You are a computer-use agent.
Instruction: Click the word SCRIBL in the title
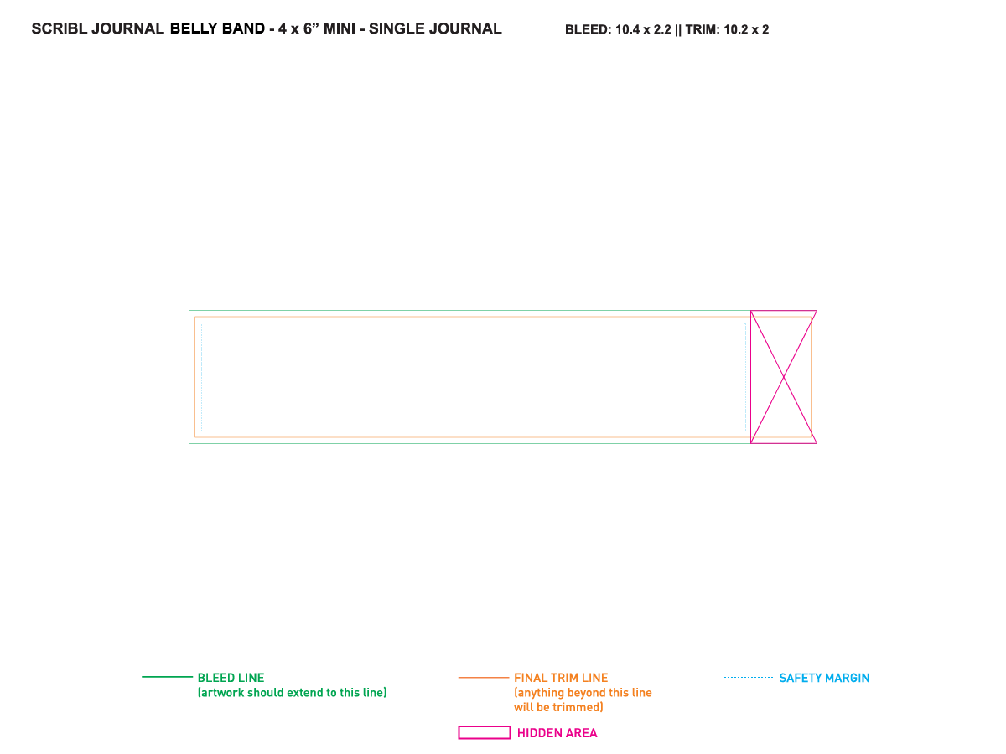tap(60, 28)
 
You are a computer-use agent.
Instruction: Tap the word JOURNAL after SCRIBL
tap(127, 28)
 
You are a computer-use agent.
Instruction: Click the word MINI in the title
tap(340, 28)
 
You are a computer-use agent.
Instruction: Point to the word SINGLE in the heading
tap(397, 28)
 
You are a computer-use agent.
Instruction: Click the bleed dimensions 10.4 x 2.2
tap(643, 30)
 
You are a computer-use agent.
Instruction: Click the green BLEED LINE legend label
tap(231, 678)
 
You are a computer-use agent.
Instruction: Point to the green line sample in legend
tap(168, 677)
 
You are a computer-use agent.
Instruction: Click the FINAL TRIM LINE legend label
tap(561, 678)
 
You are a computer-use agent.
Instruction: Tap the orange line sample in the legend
tap(484, 678)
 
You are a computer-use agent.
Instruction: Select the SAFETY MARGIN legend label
tap(824, 678)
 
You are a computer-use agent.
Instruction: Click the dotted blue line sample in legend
tap(749, 678)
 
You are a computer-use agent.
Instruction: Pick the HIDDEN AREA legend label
tap(557, 733)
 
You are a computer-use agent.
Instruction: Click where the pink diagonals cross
tap(784, 377)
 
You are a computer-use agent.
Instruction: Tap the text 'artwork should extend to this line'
tap(292, 693)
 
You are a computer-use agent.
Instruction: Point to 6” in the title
tap(311, 28)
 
